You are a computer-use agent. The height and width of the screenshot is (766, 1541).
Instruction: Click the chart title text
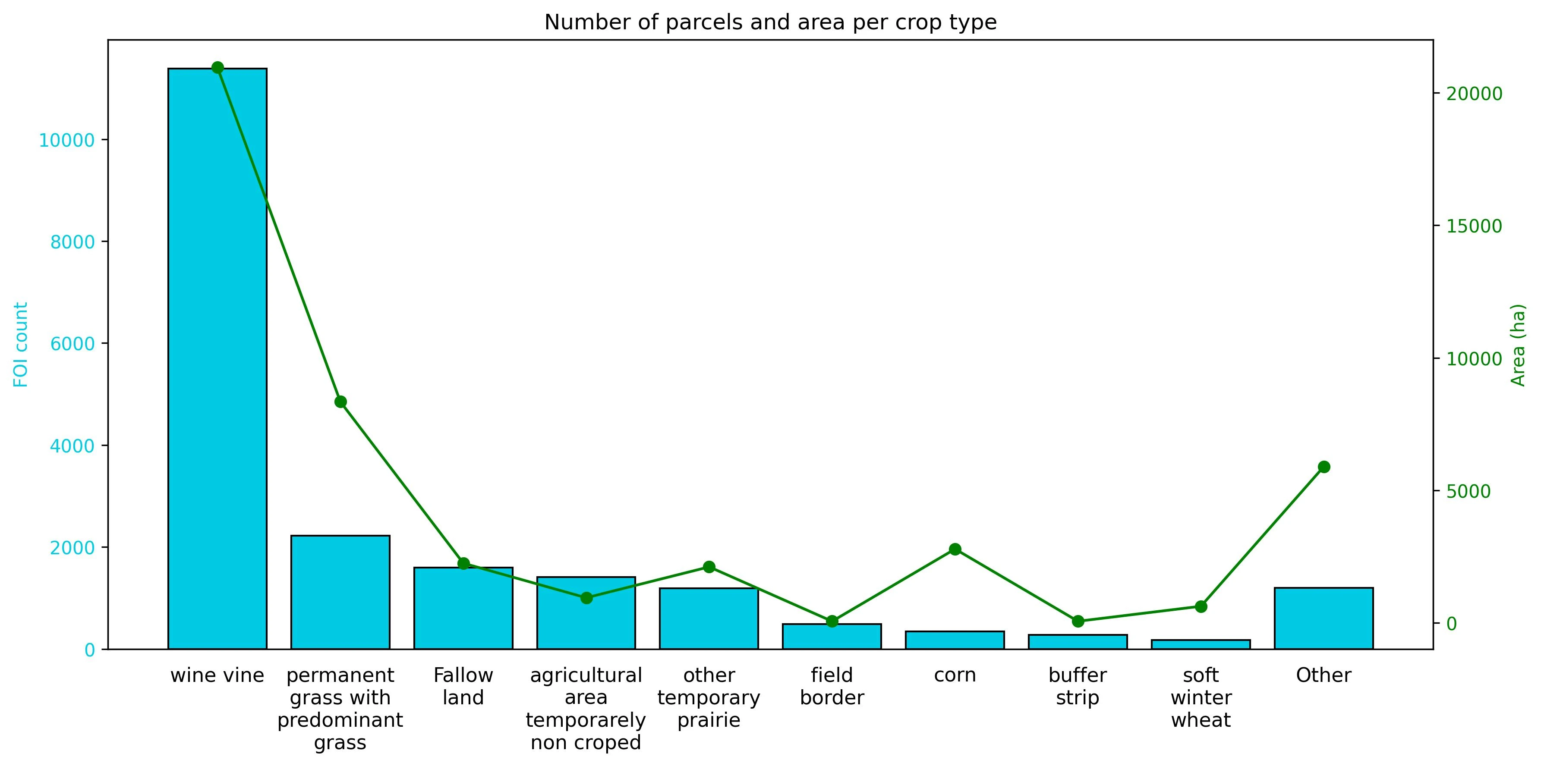771,22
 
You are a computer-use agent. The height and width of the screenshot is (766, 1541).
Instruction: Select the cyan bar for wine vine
217,359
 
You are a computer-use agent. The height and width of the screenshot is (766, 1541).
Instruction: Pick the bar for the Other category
1323,618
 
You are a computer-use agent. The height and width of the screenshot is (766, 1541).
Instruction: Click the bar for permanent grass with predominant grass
340,592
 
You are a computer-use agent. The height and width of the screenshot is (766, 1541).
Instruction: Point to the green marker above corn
955,549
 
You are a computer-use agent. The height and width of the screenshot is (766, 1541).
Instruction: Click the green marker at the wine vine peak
218,67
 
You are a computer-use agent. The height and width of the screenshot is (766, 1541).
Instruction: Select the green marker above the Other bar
1324,466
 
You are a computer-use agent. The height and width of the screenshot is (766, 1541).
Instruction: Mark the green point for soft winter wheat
1201,606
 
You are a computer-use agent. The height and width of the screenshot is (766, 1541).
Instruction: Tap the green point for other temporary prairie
709,567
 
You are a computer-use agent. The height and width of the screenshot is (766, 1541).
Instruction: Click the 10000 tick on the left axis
66,141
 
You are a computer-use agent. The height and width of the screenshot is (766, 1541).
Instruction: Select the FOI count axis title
21,345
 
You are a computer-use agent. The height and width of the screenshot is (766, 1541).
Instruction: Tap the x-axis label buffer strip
1078,687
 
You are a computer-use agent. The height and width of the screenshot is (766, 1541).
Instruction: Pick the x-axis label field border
832,687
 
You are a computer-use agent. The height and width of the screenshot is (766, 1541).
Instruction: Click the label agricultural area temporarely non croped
586,709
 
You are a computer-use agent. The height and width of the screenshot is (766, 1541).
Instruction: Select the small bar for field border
832,636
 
